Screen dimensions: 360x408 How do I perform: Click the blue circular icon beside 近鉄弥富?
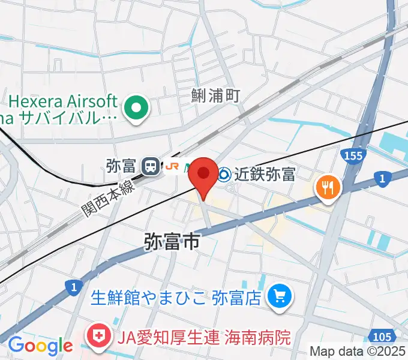[x=224, y=175]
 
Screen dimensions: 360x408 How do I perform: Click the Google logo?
[x=40, y=346]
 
